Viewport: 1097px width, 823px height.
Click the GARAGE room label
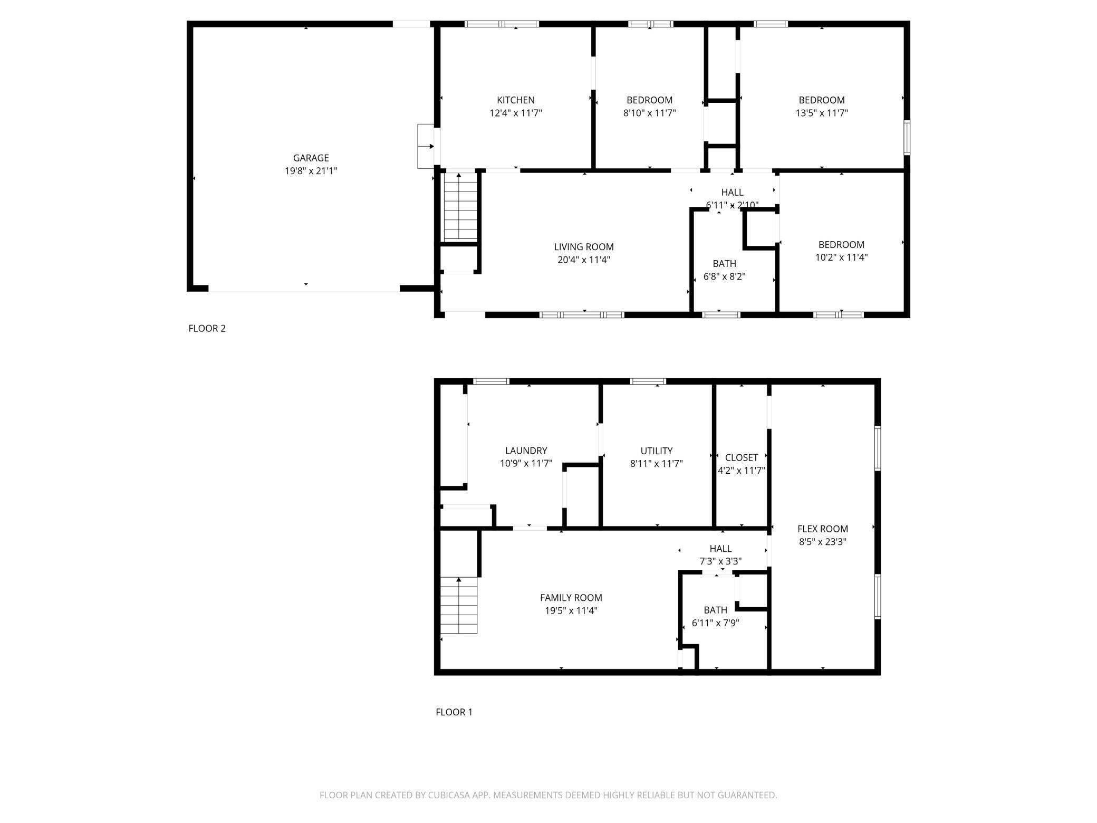(311, 158)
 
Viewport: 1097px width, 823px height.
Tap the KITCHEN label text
(515, 100)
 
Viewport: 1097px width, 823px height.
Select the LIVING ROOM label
(583, 246)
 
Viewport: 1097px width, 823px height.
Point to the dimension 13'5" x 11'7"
(822, 112)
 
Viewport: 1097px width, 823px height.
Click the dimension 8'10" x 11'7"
(649, 112)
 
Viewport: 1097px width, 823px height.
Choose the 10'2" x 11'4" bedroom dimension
(841, 257)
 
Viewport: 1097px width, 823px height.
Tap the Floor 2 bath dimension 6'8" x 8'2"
(724, 276)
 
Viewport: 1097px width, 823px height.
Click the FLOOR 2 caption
(207, 328)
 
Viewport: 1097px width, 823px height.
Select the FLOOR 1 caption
(454, 712)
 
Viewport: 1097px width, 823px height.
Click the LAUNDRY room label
(526, 451)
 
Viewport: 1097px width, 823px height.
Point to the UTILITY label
(656, 451)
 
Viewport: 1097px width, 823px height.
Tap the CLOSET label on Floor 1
(741, 457)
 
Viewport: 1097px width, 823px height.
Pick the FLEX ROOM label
(822, 529)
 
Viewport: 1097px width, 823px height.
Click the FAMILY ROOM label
(571, 597)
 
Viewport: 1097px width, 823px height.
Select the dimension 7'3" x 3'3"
(720, 561)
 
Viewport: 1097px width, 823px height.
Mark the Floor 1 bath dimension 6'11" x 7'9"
(715, 623)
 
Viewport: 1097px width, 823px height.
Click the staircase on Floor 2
(460, 207)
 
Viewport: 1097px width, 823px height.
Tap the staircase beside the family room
(458, 605)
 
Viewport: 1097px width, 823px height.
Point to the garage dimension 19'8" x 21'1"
(311, 170)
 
